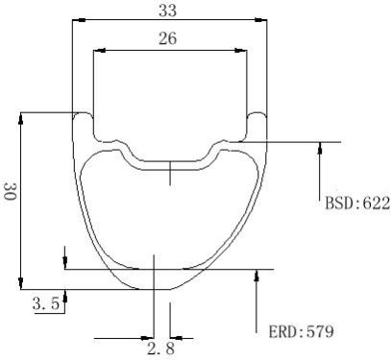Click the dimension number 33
click(x=167, y=11)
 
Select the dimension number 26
click(x=167, y=38)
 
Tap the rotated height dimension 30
click(x=10, y=191)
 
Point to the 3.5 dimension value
click(x=46, y=303)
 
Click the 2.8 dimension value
click(x=161, y=348)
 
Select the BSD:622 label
click(x=357, y=203)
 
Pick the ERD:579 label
click(x=301, y=331)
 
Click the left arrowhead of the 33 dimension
click(x=79, y=20)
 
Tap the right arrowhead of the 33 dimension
click(x=260, y=20)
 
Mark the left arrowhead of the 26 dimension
click(x=99, y=51)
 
